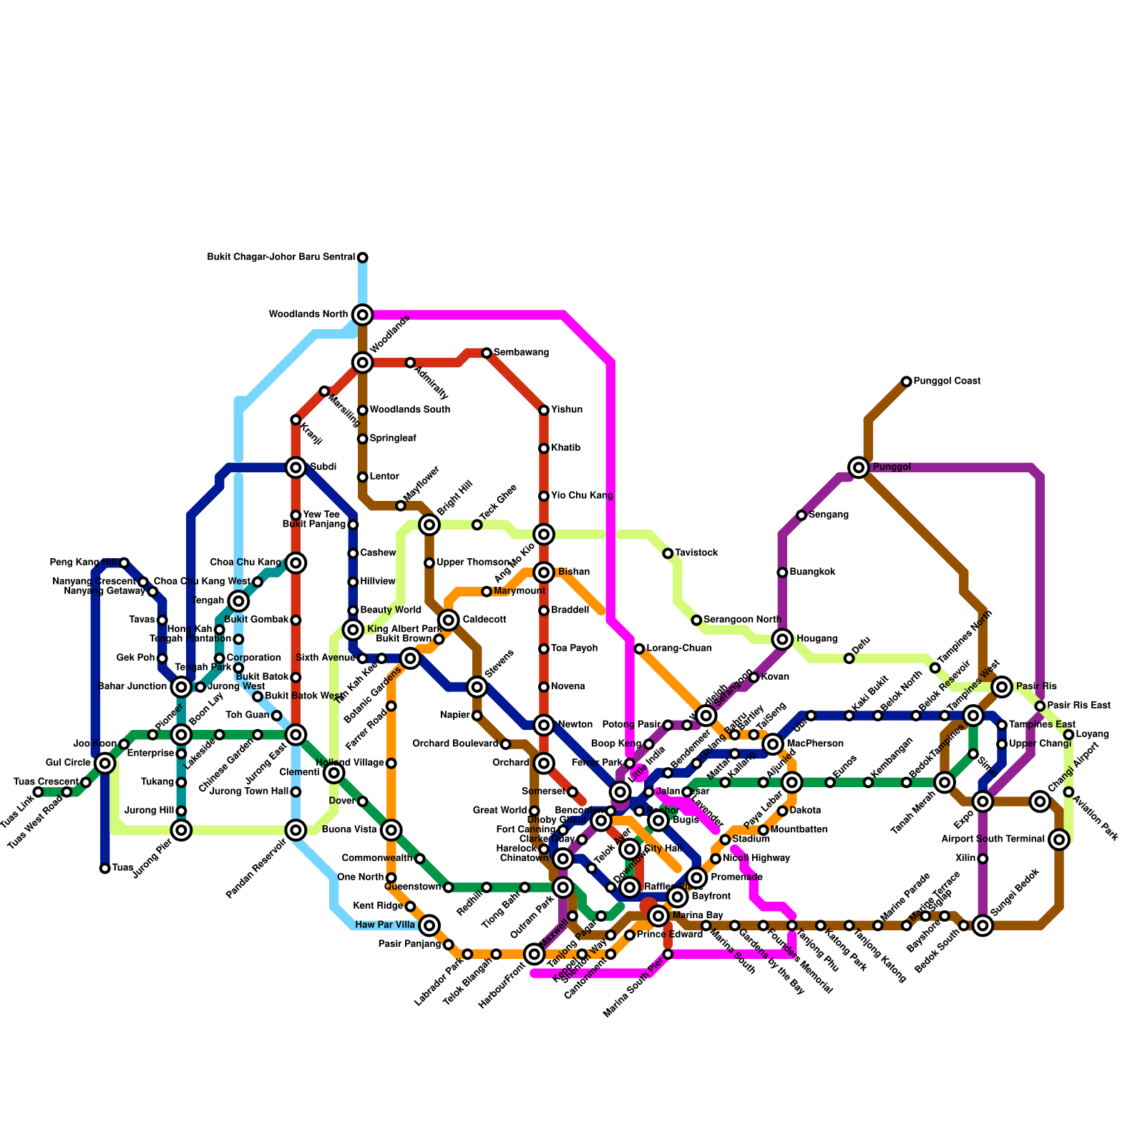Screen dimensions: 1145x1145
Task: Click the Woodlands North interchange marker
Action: (x=363, y=314)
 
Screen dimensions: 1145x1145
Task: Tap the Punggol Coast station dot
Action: (x=907, y=381)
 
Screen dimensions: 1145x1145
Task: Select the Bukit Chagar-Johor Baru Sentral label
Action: (x=281, y=258)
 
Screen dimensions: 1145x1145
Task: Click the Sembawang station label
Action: (x=521, y=353)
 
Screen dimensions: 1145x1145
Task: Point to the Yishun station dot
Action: (x=544, y=410)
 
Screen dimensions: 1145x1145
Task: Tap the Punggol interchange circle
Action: (x=859, y=467)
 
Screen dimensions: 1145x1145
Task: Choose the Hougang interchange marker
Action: (x=783, y=639)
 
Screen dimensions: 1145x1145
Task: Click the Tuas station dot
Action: (x=105, y=869)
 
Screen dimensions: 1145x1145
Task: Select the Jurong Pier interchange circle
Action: (x=182, y=830)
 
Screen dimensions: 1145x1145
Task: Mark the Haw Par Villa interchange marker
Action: (x=429, y=926)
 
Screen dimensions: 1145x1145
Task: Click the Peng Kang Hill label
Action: (x=84, y=562)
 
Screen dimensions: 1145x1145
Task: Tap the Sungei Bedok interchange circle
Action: (x=983, y=926)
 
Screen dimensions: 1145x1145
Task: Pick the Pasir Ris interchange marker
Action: (x=1002, y=687)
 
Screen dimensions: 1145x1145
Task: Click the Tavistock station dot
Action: (x=668, y=553)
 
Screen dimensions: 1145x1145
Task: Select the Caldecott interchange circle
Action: (x=449, y=620)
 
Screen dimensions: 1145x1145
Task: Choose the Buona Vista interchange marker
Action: (x=391, y=830)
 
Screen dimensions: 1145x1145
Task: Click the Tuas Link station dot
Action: (x=38, y=792)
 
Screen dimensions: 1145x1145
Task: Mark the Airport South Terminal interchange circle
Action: (x=1060, y=839)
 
